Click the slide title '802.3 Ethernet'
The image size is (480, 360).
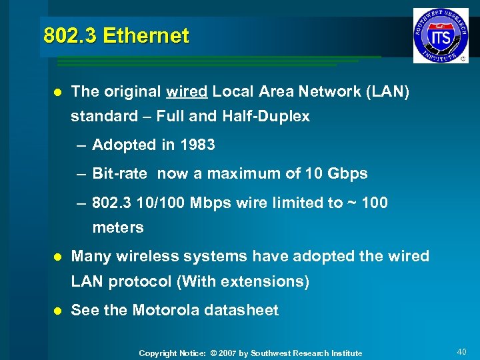[x=116, y=35]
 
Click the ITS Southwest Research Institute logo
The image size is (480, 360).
[x=440, y=35]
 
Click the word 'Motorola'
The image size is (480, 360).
[x=165, y=310]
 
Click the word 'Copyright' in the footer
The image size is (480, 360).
[x=158, y=353]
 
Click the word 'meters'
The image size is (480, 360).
[x=118, y=228]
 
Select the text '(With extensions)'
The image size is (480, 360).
[x=243, y=281]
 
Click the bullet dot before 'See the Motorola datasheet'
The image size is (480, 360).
[x=57, y=311]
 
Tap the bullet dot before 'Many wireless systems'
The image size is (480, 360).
[x=57, y=257]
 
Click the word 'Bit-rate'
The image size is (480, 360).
[x=119, y=174]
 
